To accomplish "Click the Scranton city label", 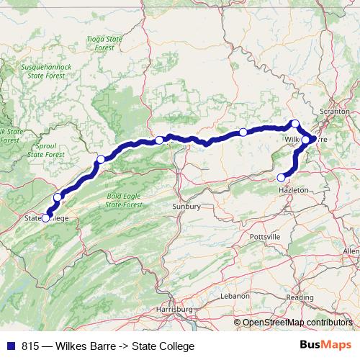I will pos(336,112).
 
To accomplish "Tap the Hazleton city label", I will pos(293,189).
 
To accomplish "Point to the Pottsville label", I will pos(264,236).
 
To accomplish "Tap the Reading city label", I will pos(300,297).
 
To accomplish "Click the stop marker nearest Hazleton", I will pos(282,177).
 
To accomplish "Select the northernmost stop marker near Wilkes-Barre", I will pos(294,124).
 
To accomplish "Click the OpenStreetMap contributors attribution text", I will pos(300,322).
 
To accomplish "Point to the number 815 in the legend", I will pos(31,346).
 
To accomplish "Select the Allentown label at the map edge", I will pos(351,250).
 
